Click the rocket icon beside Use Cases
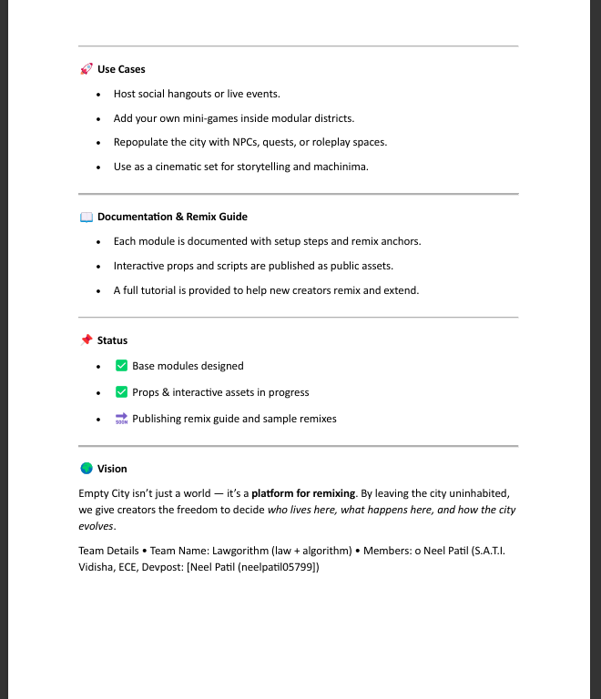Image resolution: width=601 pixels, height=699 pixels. coord(87,69)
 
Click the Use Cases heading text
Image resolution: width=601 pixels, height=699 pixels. coord(121,69)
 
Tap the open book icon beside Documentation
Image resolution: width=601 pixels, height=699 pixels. coord(87,217)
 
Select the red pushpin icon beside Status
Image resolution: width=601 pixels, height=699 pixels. coord(87,340)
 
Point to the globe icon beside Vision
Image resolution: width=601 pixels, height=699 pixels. coord(87,469)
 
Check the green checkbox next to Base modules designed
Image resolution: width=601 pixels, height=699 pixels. coord(121,366)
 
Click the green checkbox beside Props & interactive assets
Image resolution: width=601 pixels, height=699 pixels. coord(121,392)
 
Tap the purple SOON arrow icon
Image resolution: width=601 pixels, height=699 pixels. coord(121,419)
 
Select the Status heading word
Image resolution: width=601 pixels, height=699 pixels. coord(112,340)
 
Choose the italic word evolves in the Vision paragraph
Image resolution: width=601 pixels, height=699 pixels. coord(96,527)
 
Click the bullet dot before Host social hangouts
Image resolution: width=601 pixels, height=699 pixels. coord(98,94)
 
